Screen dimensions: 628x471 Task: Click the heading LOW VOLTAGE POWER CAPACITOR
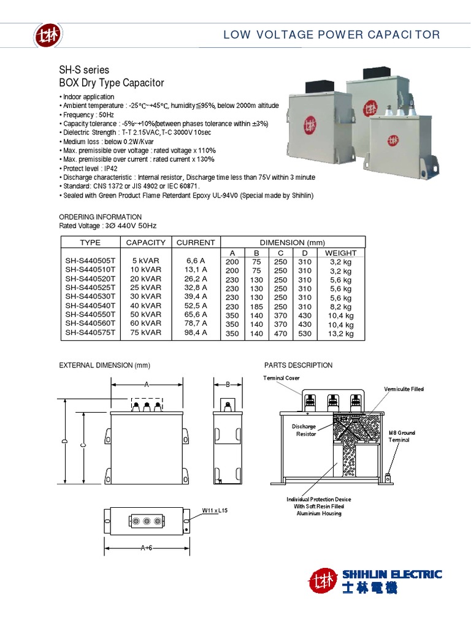tap(332, 34)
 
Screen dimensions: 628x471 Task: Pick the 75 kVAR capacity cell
tap(145, 334)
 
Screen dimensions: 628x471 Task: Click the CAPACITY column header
tap(145, 242)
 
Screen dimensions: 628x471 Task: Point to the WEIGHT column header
tap(340, 253)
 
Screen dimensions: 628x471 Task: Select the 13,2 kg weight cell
tap(340, 334)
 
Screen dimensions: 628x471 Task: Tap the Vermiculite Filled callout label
tap(404, 389)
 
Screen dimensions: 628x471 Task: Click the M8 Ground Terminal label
tap(402, 437)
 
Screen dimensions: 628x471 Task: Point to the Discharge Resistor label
tap(306, 430)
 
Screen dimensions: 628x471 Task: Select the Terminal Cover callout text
tap(281, 378)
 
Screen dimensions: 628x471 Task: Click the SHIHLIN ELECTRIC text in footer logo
tap(391, 575)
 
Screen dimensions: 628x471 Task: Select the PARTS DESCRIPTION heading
tap(298, 366)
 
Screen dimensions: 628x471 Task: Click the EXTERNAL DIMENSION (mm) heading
tap(104, 366)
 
